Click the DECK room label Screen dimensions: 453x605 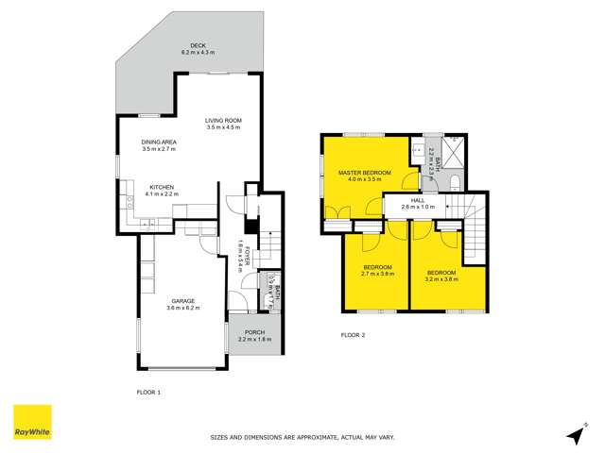coord(198,45)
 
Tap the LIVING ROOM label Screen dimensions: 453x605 coord(226,120)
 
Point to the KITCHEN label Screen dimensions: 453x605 coord(162,187)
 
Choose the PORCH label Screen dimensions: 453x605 coord(254,332)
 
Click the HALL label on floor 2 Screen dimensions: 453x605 coord(418,199)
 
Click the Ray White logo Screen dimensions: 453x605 coord(31,422)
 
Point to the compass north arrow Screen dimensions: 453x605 coord(574,434)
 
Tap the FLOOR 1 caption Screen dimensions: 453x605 coord(148,391)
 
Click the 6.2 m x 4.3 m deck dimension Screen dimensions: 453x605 coord(198,52)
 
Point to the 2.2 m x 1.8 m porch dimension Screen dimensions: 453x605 coord(254,339)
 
